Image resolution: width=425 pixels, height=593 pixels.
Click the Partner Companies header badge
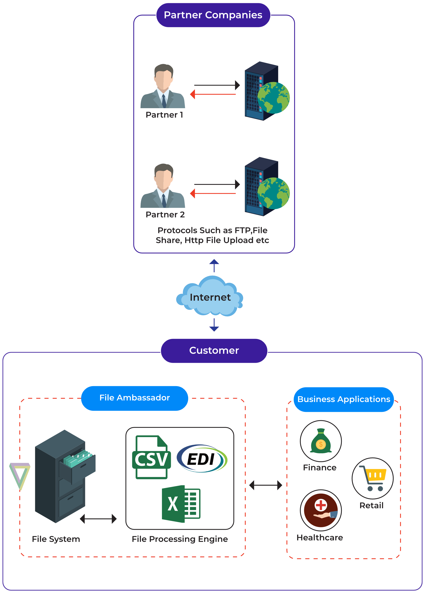(x=213, y=15)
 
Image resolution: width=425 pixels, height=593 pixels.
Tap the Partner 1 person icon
(x=163, y=86)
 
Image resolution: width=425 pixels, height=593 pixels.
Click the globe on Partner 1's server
(x=274, y=98)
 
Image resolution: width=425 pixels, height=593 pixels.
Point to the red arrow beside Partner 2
(x=213, y=193)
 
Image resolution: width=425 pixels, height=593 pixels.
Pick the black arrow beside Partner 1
(x=217, y=85)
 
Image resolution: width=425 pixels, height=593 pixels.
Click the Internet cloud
(x=210, y=296)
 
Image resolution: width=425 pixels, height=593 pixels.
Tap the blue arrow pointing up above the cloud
(x=214, y=266)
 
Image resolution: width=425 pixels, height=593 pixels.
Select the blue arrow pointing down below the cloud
(x=214, y=325)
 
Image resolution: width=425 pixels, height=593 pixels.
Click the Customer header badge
(x=214, y=351)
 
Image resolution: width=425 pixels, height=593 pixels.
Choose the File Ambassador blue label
(x=135, y=398)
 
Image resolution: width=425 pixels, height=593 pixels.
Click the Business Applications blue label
(x=344, y=400)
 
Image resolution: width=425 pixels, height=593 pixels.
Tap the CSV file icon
(x=151, y=457)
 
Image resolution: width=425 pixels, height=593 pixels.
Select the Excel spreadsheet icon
(x=181, y=504)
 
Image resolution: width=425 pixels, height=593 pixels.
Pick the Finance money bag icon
(x=321, y=441)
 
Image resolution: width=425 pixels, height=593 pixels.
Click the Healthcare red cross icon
(x=321, y=510)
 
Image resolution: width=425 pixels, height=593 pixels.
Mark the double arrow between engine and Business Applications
(x=266, y=485)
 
